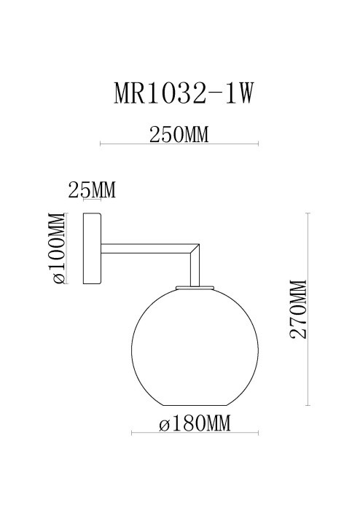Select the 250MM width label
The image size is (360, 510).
coord(179,135)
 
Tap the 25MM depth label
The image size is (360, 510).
coord(91,191)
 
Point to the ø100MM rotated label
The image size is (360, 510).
coord(58,248)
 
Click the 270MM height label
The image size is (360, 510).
coord(299,309)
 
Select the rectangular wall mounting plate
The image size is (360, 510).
coord(93,249)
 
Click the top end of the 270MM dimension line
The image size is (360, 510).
coord(310,212)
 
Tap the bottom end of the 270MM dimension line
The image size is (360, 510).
coord(310,407)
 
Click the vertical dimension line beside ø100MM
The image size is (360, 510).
coord(66,248)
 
